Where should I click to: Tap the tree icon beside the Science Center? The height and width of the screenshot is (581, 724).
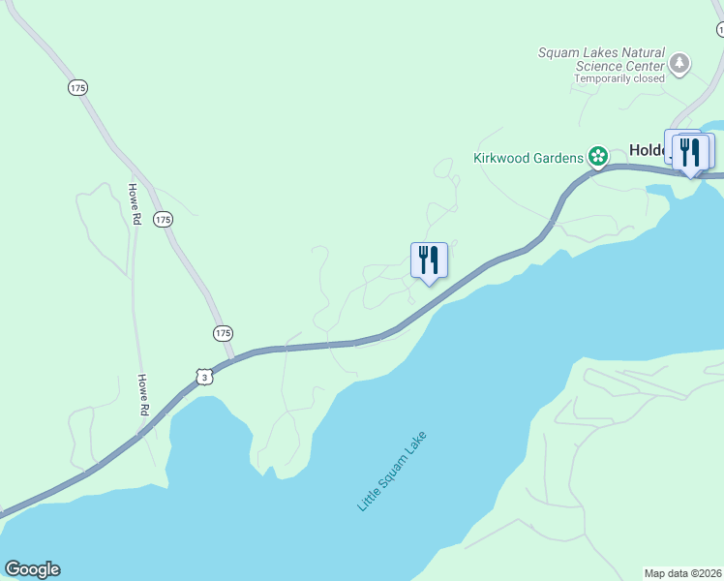(x=679, y=64)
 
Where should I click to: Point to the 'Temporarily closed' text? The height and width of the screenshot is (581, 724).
(x=619, y=78)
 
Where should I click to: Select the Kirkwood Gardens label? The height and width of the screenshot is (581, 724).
(x=528, y=157)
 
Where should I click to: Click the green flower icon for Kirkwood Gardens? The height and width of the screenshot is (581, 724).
(x=598, y=156)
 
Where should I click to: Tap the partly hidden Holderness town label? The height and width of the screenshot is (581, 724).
(x=645, y=150)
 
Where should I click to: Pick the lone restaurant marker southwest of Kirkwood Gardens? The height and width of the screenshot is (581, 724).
(x=429, y=260)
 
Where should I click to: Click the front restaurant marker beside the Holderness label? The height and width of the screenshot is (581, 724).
(x=691, y=152)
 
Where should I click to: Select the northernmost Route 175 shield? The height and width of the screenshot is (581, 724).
(x=78, y=87)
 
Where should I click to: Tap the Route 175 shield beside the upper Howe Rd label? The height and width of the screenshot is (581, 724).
(x=164, y=220)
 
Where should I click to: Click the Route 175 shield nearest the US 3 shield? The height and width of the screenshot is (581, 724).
(x=224, y=332)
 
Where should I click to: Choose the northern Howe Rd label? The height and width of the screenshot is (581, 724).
(x=136, y=204)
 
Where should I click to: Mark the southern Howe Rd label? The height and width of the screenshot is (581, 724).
(x=142, y=395)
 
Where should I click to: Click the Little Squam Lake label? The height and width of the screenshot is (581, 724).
(x=392, y=472)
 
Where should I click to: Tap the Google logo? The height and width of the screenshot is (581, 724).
(x=32, y=569)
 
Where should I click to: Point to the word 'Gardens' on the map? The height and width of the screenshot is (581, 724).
(x=557, y=157)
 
